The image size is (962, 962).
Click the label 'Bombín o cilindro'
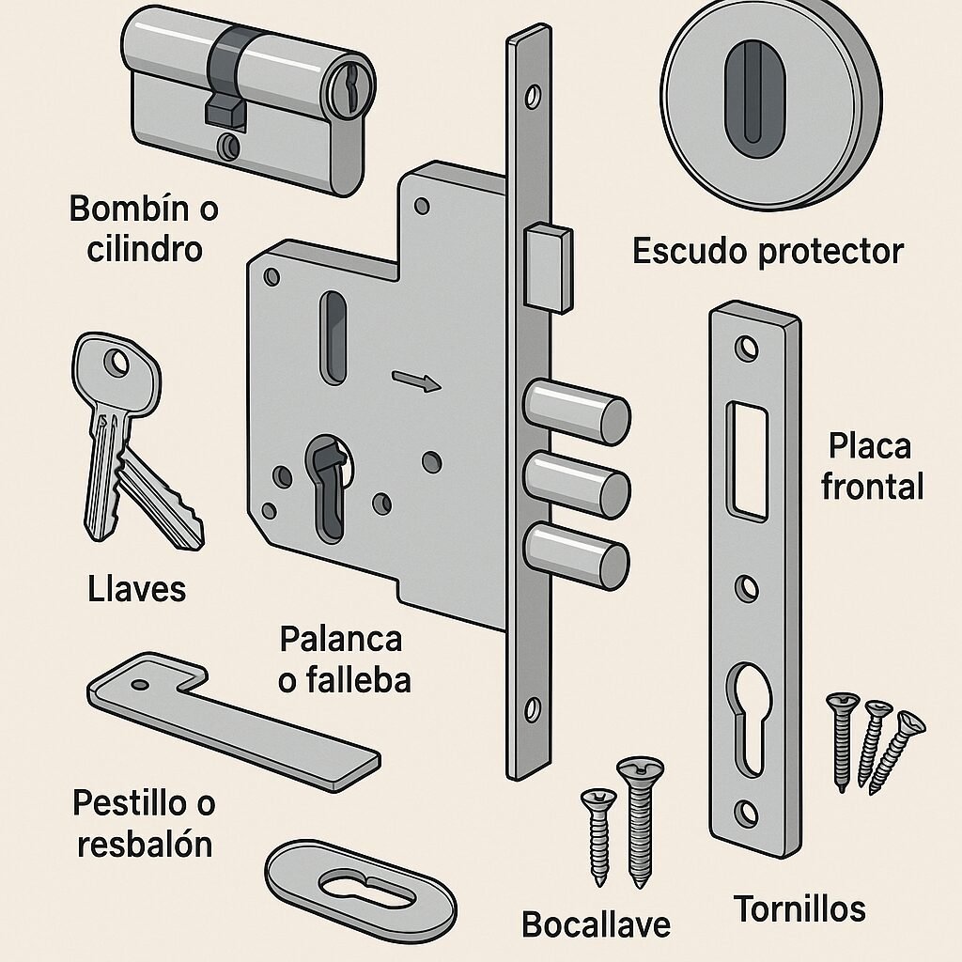pos(144,228)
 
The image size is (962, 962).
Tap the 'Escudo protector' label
pos(768,252)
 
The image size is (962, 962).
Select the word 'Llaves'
pos(137,589)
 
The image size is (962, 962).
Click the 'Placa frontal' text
pos(871,466)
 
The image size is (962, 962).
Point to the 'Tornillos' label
pos(799,908)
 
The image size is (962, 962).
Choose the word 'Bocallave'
pos(597,923)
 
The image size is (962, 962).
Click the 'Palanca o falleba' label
pos(344,659)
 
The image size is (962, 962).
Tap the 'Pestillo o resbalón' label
pos(145,823)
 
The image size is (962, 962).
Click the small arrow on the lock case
pos(416,381)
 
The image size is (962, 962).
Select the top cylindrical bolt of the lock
pos(577,412)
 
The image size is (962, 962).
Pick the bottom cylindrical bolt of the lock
pos(577,554)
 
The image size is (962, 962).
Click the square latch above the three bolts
pos(548,268)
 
